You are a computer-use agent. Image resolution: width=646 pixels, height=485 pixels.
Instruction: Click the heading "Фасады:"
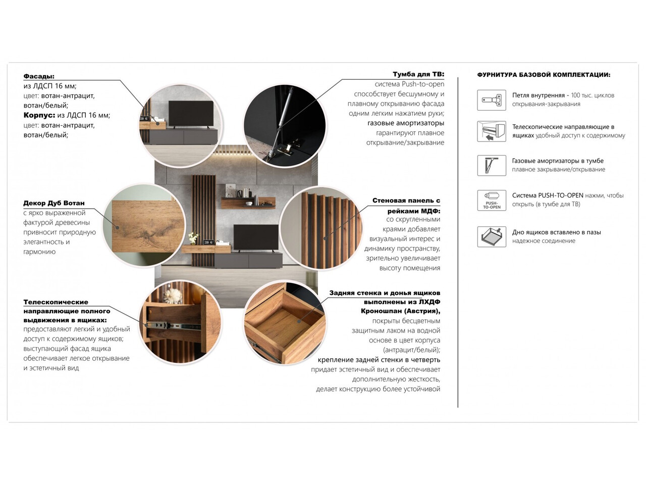tap(39, 76)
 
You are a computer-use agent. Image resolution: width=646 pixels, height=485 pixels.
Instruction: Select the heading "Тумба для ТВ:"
tap(418, 74)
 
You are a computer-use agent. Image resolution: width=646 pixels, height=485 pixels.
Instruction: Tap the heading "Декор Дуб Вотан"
tap(54, 203)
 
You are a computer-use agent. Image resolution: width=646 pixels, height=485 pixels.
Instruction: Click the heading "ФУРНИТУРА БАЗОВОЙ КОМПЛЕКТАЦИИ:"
tap(544, 75)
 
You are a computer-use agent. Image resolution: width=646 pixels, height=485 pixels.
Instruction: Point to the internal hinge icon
tap(492, 100)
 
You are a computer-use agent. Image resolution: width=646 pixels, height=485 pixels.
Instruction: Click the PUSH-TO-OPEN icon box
tap(492, 200)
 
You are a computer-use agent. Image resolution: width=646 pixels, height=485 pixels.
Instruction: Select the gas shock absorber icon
tap(492, 165)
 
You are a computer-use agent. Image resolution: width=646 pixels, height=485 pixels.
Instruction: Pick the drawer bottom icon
tap(492, 236)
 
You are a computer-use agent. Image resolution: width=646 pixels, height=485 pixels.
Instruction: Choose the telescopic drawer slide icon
tap(492, 131)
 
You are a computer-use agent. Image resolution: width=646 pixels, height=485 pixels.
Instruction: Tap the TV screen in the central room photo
tap(255, 237)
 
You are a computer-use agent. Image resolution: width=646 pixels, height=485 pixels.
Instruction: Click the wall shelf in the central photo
tap(248, 203)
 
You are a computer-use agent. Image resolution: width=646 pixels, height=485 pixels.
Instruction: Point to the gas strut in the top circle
tap(283, 116)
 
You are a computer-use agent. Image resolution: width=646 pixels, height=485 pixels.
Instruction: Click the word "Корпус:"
tap(39, 115)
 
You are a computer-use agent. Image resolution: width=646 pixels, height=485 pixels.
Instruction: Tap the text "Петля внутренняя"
tap(538, 95)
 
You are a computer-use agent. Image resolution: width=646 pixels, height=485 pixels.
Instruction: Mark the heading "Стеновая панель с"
tap(406, 201)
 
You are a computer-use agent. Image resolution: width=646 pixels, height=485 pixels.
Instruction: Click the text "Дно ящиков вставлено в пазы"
tap(556, 232)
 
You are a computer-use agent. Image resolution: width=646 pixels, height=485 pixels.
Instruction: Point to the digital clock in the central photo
tap(207, 243)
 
